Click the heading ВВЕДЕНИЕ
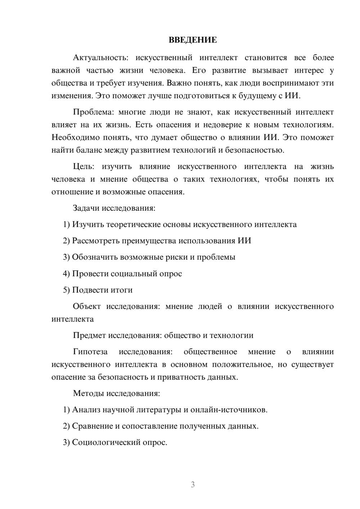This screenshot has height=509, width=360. point(193,40)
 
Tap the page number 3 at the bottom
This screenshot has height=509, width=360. point(193,485)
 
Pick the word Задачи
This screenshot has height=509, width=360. point(86,208)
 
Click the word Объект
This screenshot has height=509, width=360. point(87,306)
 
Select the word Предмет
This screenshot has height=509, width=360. point(89,335)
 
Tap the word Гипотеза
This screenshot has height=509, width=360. point(90,352)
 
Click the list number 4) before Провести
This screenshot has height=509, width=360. point(66,274)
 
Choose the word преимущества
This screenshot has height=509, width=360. point(149,241)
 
